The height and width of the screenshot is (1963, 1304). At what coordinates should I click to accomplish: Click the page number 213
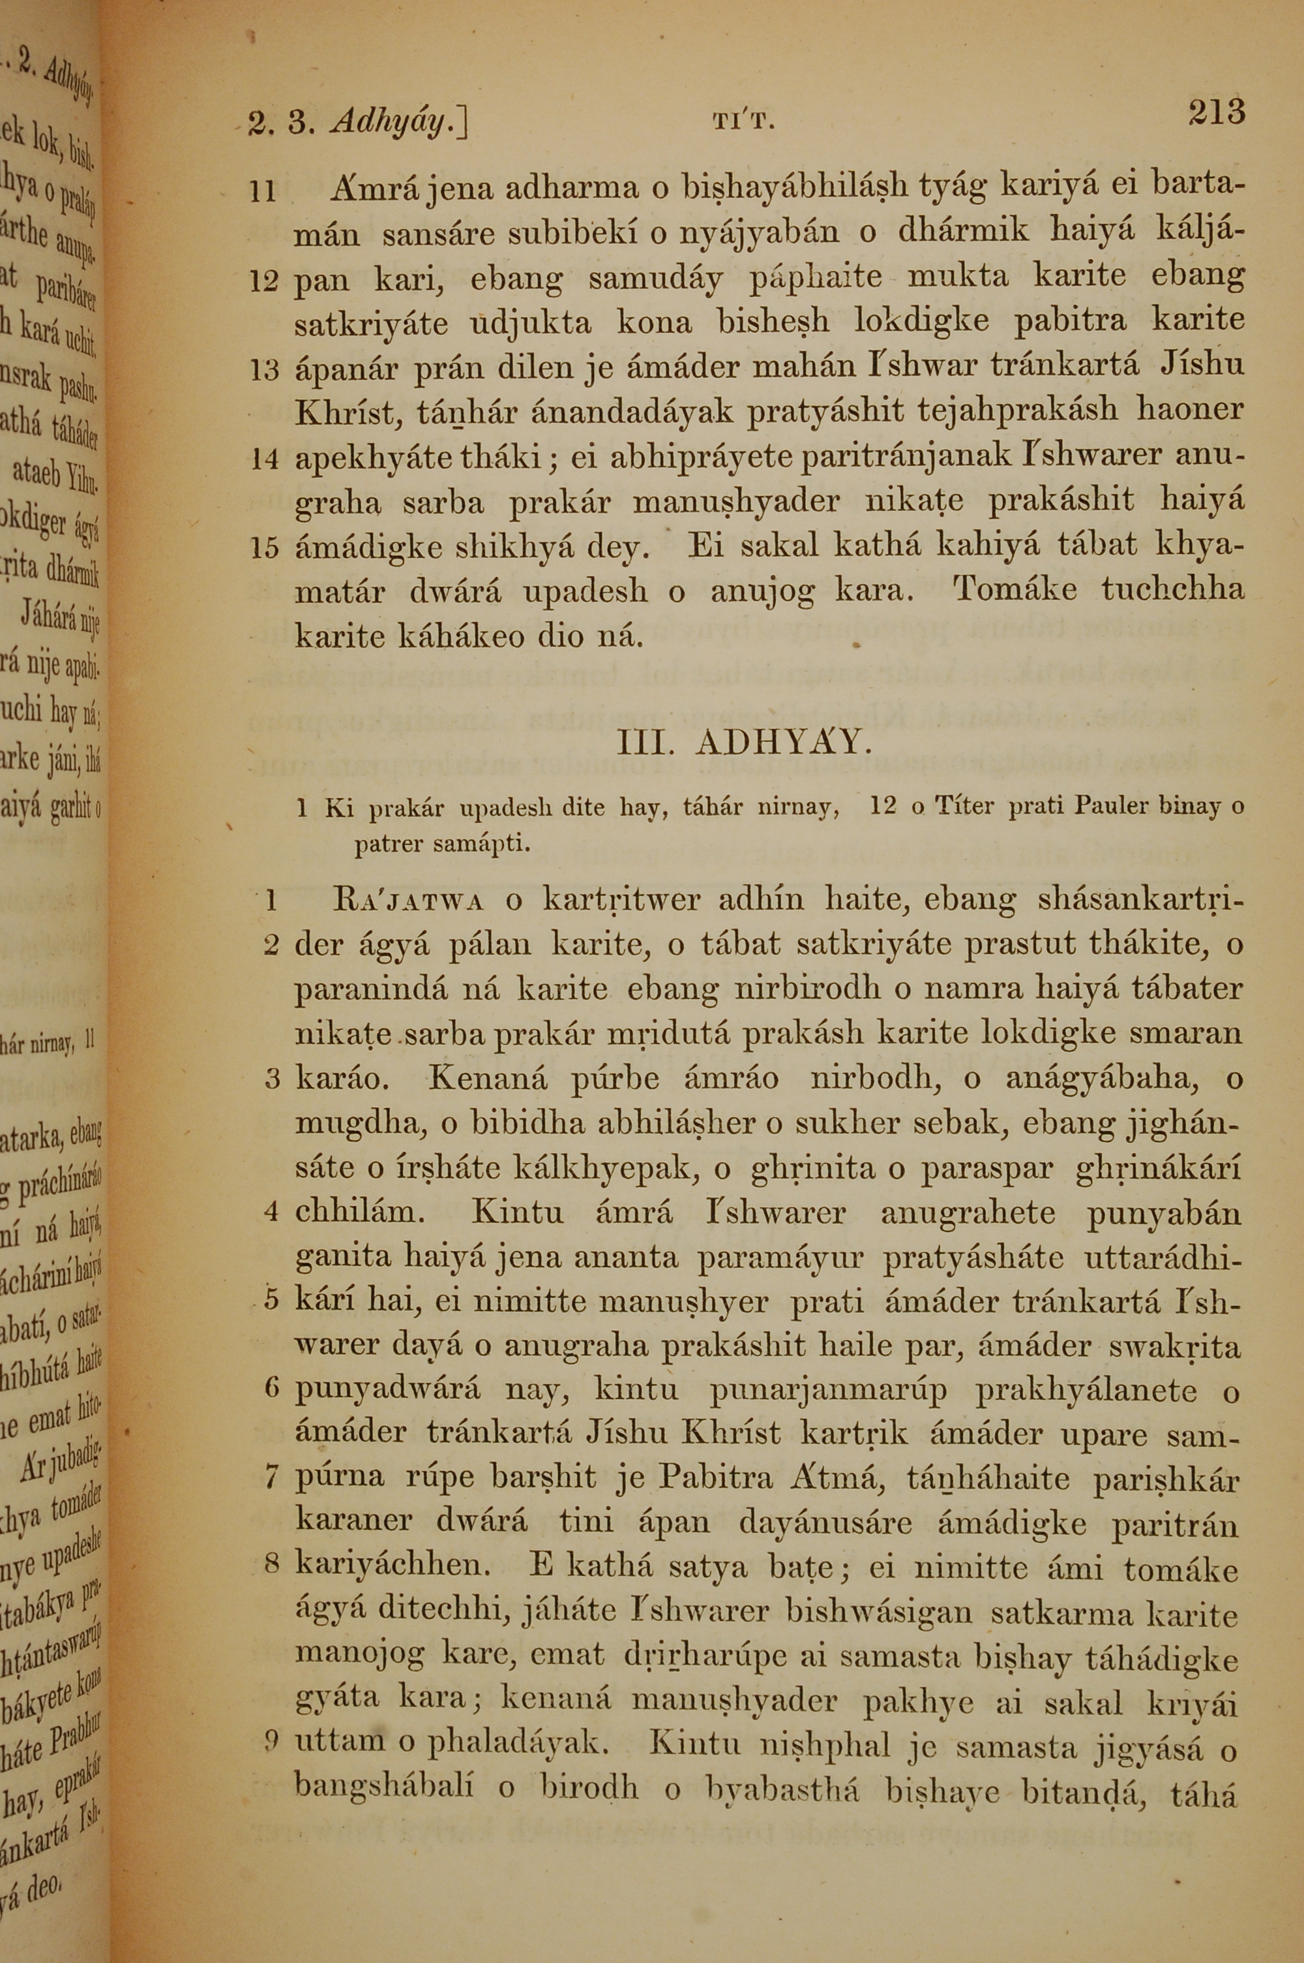point(1215,112)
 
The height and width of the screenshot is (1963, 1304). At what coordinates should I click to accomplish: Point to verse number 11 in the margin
point(263,193)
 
